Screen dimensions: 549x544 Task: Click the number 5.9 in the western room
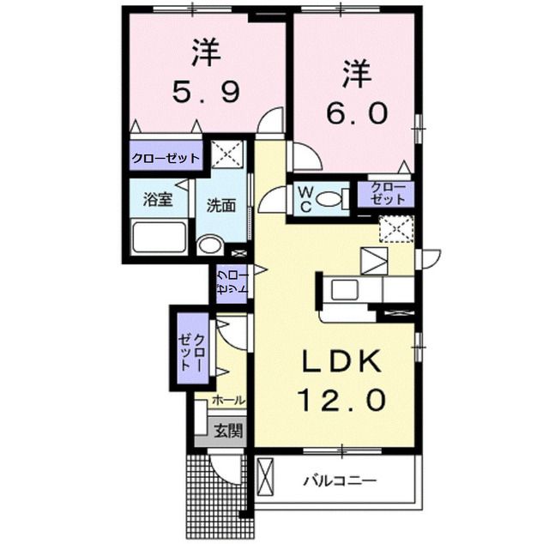coord(206,92)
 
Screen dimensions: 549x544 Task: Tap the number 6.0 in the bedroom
coord(357,112)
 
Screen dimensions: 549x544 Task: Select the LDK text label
coord(342,362)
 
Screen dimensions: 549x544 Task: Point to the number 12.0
coord(341,400)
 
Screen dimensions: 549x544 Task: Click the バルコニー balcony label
coord(340,481)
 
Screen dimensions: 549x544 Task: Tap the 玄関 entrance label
coord(228,430)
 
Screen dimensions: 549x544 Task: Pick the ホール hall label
coord(228,400)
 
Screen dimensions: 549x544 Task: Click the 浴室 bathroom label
coord(158,200)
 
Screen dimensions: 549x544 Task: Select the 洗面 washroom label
coord(221,206)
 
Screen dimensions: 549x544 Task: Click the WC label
coord(305,199)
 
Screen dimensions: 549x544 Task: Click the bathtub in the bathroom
coord(160,237)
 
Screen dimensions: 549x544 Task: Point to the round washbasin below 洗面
coord(209,245)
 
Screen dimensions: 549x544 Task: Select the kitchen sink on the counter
coord(344,289)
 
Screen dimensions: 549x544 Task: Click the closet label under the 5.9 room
coord(166,159)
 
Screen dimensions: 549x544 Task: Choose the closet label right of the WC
coord(387,194)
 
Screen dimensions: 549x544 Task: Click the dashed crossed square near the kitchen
coord(396,229)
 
